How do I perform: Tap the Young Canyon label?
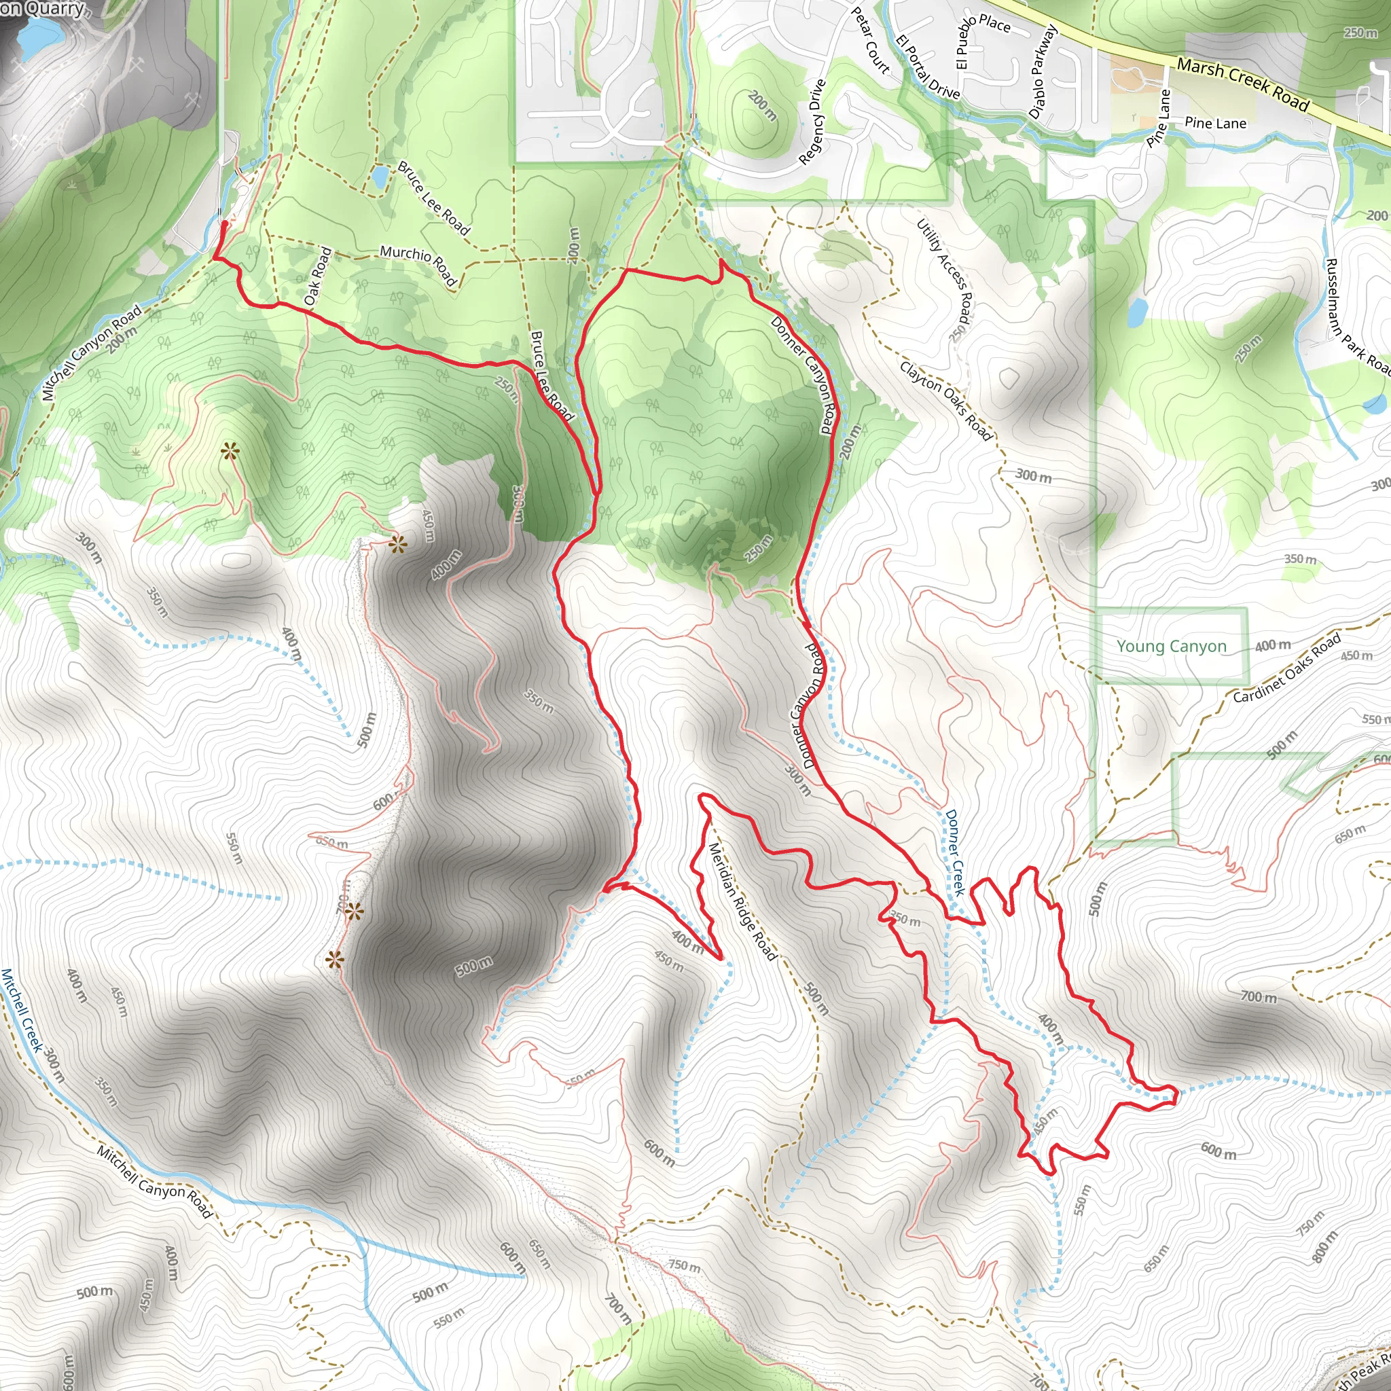click(1171, 646)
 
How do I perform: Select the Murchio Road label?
click(418, 264)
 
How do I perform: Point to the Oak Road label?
click(317, 276)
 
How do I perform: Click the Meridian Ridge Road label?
click(742, 901)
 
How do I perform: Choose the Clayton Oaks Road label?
click(945, 399)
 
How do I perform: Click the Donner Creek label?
click(954, 852)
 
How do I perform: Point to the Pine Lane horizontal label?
click(1215, 123)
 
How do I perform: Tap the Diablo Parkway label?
click(1043, 72)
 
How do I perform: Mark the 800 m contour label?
click(1324, 1246)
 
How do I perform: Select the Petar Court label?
click(871, 40)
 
